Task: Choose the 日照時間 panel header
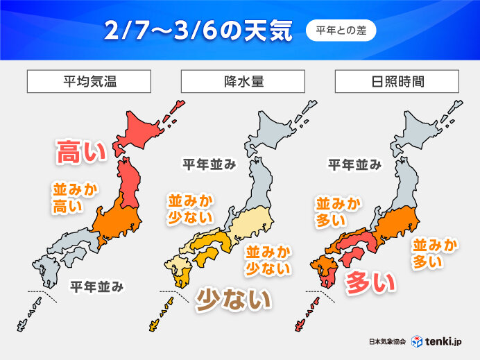point(396,81)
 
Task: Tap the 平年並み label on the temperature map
point(97,285)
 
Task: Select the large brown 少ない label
point(232,299)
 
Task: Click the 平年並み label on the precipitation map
point(209,164)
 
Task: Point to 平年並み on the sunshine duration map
point(354,164)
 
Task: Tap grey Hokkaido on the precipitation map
point(277,132)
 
